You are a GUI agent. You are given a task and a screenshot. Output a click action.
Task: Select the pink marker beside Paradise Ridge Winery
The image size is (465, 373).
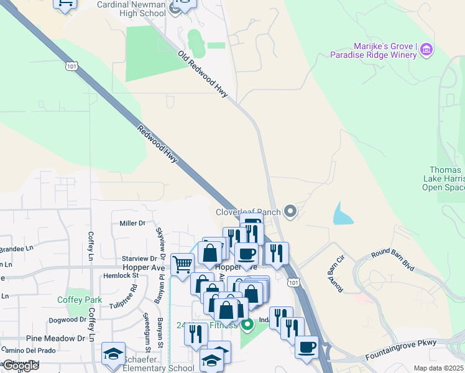point(426,49)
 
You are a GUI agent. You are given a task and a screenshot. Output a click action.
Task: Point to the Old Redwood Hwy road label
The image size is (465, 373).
point(203,75)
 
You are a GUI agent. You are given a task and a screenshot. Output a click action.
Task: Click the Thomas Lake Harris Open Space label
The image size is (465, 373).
point(446,178)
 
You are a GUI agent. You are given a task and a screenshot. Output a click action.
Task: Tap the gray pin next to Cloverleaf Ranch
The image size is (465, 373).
point(290,212)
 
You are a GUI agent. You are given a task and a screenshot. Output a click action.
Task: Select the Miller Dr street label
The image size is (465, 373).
point(132,223)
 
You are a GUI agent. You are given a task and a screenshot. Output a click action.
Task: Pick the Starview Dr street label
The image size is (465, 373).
point(139,258)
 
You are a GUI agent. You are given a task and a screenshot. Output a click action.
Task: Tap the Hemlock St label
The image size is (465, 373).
point(119,275)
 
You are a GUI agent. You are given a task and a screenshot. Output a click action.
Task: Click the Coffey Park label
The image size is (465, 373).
point(79,300)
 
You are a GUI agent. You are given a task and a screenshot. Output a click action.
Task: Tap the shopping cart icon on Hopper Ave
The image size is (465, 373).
point(182,265)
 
